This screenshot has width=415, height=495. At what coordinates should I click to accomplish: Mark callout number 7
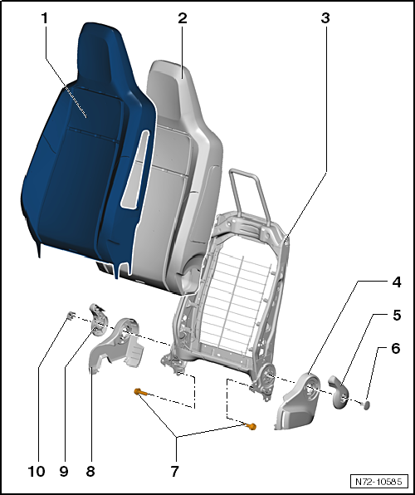[174, 471]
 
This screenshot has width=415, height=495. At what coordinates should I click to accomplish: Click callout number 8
[90, 471]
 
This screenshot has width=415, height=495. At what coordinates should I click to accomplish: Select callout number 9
[62, 471]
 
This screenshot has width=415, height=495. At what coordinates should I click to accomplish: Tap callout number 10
[36, 471]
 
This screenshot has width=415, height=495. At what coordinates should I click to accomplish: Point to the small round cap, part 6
[365, 404]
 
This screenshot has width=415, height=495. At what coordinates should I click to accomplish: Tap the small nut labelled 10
[72, 315]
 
